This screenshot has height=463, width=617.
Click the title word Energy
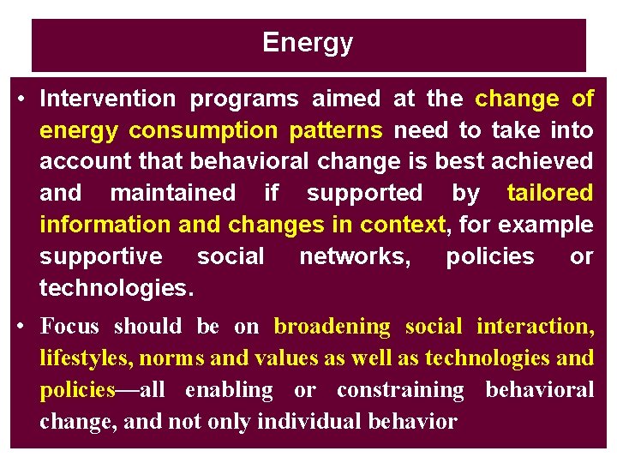(x=308, y=42)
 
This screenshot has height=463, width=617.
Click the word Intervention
(x=107, y=99)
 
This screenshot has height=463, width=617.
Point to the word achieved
(x=548, y=162)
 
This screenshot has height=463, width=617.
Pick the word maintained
(x=172, y=194)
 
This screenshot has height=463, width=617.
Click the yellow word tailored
(x=549, y=194)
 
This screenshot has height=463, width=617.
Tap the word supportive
(x=100, y=257)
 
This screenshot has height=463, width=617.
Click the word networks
(x=352, y=257)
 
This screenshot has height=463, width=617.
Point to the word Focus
(x=69, y=327)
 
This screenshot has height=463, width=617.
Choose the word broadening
(x=332, y=327)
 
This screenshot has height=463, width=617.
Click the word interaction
(x=533, y=327)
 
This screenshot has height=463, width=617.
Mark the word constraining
(x=400, y=390)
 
